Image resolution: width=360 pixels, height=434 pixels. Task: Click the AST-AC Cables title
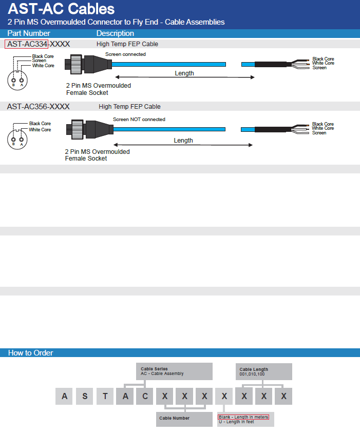click(x=61, y=9)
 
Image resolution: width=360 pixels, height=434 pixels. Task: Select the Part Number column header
click(x=29, y=33)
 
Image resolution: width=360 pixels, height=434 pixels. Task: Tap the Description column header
click(x=115, y=33)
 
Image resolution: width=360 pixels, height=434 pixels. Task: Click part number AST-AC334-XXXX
click(x=39, y=44)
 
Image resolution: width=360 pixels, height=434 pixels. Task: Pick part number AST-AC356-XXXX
click(x=38, y=107)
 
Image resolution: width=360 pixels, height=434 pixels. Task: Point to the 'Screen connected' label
click(x=125, y=54)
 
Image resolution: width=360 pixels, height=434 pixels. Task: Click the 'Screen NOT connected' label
click(x=139, y=120)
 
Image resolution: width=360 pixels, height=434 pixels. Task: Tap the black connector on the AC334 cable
click(x=88, y=65)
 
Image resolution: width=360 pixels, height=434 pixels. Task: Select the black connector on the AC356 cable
click(x=90, y=129)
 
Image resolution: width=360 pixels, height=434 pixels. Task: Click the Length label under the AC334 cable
click(x=184, y=73)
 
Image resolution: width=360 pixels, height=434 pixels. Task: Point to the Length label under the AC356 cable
click(x=183, y=141)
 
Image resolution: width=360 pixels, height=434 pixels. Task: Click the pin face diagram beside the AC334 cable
click(x=17, y=80)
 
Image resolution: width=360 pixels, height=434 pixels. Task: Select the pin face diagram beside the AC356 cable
click(x=17, y=139)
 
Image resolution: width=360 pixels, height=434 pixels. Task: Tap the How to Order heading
click(x=30, y=353)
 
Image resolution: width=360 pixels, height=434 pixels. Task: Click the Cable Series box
click(x=174, y=371)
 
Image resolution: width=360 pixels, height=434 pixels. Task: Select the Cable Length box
click(x=264, y=372)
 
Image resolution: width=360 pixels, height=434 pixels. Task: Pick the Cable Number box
click(x=184, y=419)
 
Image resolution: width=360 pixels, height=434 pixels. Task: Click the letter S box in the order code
click(x=85, y=397)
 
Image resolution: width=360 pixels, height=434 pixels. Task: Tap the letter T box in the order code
click(x=105, y=397)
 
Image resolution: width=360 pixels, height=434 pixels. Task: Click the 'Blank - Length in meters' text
click(x=243, y=417)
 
